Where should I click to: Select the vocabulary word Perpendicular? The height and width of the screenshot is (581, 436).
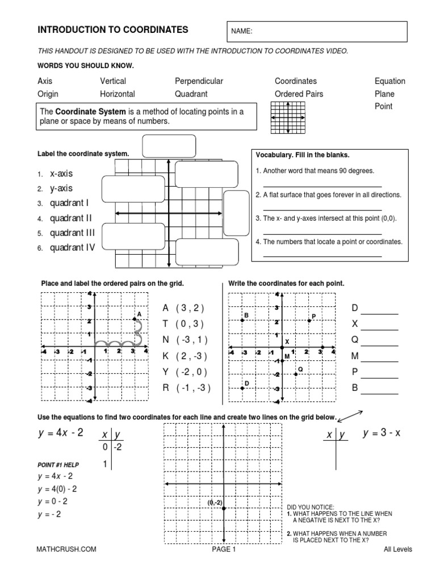pyautogui.click(x=199, y=81)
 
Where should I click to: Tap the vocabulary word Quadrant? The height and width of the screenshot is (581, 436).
pyautogui.click(x=191, y=94)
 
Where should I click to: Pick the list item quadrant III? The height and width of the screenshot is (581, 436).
pyautogui.click(x=72, y=233)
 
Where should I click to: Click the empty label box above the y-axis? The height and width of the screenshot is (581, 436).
pyautogui.click(x=169, y=146)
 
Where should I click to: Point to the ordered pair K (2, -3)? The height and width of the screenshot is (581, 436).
pyautogui.click(x=185, y=356)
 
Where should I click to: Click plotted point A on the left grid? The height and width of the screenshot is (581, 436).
pyautogui.click(x=135, y=320)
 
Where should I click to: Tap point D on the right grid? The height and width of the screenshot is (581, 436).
pyautogui.click(x=242, y=388)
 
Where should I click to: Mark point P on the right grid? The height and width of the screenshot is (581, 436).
pyautogui.click(x=309, y=321)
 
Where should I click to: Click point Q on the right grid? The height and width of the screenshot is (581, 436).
pyautogui.click(x=296, y=374)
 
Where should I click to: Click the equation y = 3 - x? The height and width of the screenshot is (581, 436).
pyautogui.click(x=381, y=433)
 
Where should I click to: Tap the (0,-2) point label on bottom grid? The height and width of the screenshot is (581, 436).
pyautogui.click(x=215, y=503)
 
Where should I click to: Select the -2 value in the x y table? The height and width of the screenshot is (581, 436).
pyautogui.click(x=117, y=448)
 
